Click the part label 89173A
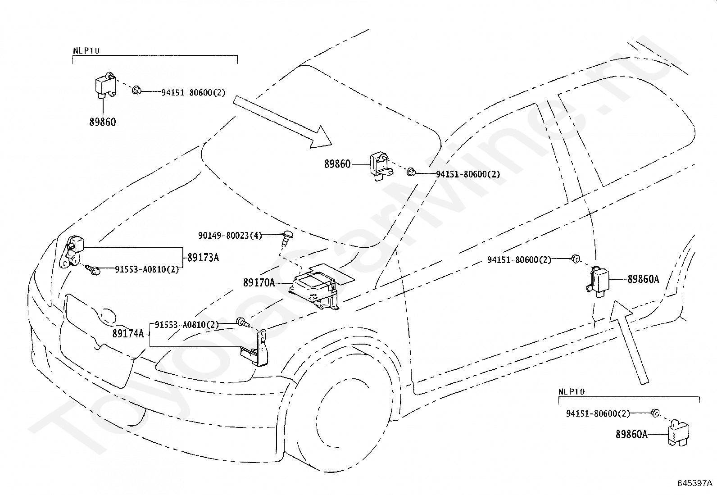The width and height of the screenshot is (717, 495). pos(203,258)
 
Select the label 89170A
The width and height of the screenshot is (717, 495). pos(259,283)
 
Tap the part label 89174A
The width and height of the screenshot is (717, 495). pos(128,334)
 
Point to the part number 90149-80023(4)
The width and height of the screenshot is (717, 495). pos(230,236)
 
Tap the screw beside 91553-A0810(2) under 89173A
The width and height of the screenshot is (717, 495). pos(93,269)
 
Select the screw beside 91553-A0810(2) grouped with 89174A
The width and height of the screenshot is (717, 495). pos(243,322)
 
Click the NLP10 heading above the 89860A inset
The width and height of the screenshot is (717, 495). pos(572,391)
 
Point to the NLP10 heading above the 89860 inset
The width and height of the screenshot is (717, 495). pos(86,50)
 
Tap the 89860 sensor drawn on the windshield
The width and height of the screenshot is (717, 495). pos(381,166)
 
